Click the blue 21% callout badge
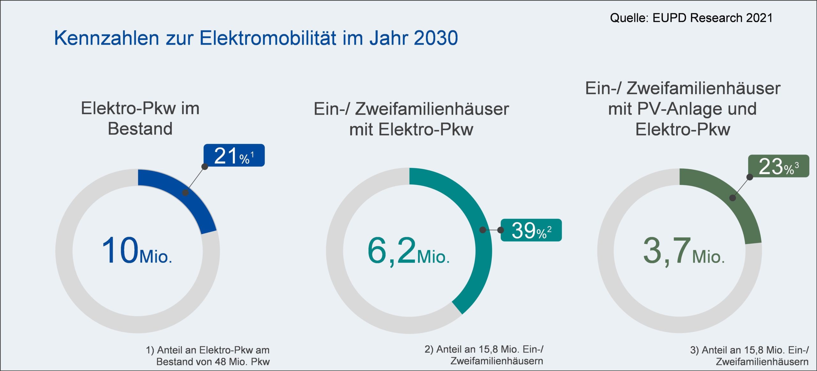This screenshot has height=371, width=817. click(234, 155)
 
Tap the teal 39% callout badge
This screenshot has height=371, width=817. click(531, 230)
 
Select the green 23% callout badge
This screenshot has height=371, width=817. click(778, 166)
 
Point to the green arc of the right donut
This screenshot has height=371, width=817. click(744, 211)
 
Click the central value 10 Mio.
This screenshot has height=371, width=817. click(137, 251)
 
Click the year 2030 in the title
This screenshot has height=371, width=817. click(436, 38)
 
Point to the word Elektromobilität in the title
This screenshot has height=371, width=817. click(268, 38)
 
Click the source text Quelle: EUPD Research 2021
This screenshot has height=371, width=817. click(691, 18)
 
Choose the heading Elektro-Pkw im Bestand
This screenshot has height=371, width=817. click(140, 118)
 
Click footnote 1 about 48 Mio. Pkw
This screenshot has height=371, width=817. click(208, 356)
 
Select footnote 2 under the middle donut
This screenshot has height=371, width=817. click(484, 355)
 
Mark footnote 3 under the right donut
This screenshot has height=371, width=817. click(749, 356)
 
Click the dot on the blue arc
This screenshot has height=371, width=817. click(185, 193)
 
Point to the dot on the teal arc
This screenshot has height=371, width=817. click(483, 230)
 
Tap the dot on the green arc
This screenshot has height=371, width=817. click(733, 198)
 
